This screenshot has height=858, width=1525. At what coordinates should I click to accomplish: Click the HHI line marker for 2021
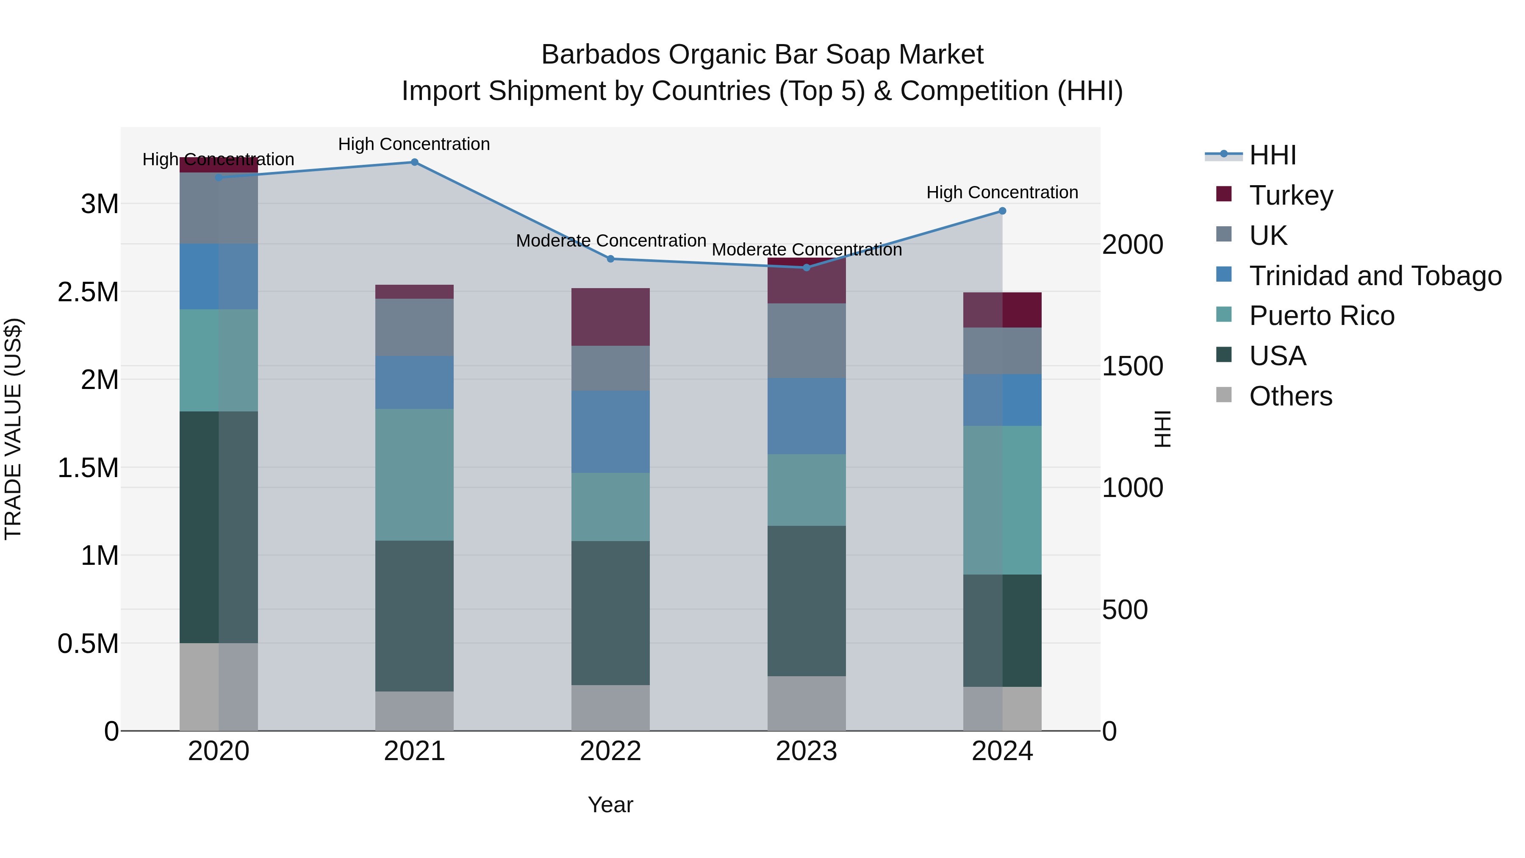click(414, 162)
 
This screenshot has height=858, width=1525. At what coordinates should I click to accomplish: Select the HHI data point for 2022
click(610, 259)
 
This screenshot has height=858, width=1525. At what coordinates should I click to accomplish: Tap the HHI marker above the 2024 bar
click(1002, 211)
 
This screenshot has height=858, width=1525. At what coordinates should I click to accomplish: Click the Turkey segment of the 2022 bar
click(610, 317)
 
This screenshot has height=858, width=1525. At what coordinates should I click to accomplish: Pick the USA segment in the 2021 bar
click(414, 616)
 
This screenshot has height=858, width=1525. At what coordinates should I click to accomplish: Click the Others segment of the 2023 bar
click(806, 703)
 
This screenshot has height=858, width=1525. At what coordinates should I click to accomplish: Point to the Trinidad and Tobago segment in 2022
click(610, 432)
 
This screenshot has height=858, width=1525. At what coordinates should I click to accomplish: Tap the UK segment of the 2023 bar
click(806, 341)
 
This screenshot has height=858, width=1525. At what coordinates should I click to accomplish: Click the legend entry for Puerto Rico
click(1321, 316)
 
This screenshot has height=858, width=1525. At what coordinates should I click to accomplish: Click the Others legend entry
click(1291, 396)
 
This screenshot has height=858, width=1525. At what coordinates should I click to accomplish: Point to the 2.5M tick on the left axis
click(88, 292)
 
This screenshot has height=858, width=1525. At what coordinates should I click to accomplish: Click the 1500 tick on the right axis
click(1132, 366)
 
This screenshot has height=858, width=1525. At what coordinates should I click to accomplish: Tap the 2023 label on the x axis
click(806, 751)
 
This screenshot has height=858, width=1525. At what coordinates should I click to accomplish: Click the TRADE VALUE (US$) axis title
click(13, 429)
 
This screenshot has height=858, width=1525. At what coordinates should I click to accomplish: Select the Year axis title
click(610, 805)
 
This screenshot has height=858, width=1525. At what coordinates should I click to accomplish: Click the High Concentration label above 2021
click(414, 144)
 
